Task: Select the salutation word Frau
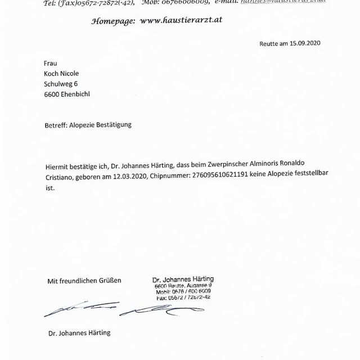50,64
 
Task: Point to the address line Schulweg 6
61,84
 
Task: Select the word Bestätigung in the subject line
112,125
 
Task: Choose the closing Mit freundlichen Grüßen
84,280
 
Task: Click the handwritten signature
112,309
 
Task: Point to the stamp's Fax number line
183,298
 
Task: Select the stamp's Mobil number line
183,292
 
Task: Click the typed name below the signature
79,332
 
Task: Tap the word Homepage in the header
113,20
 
